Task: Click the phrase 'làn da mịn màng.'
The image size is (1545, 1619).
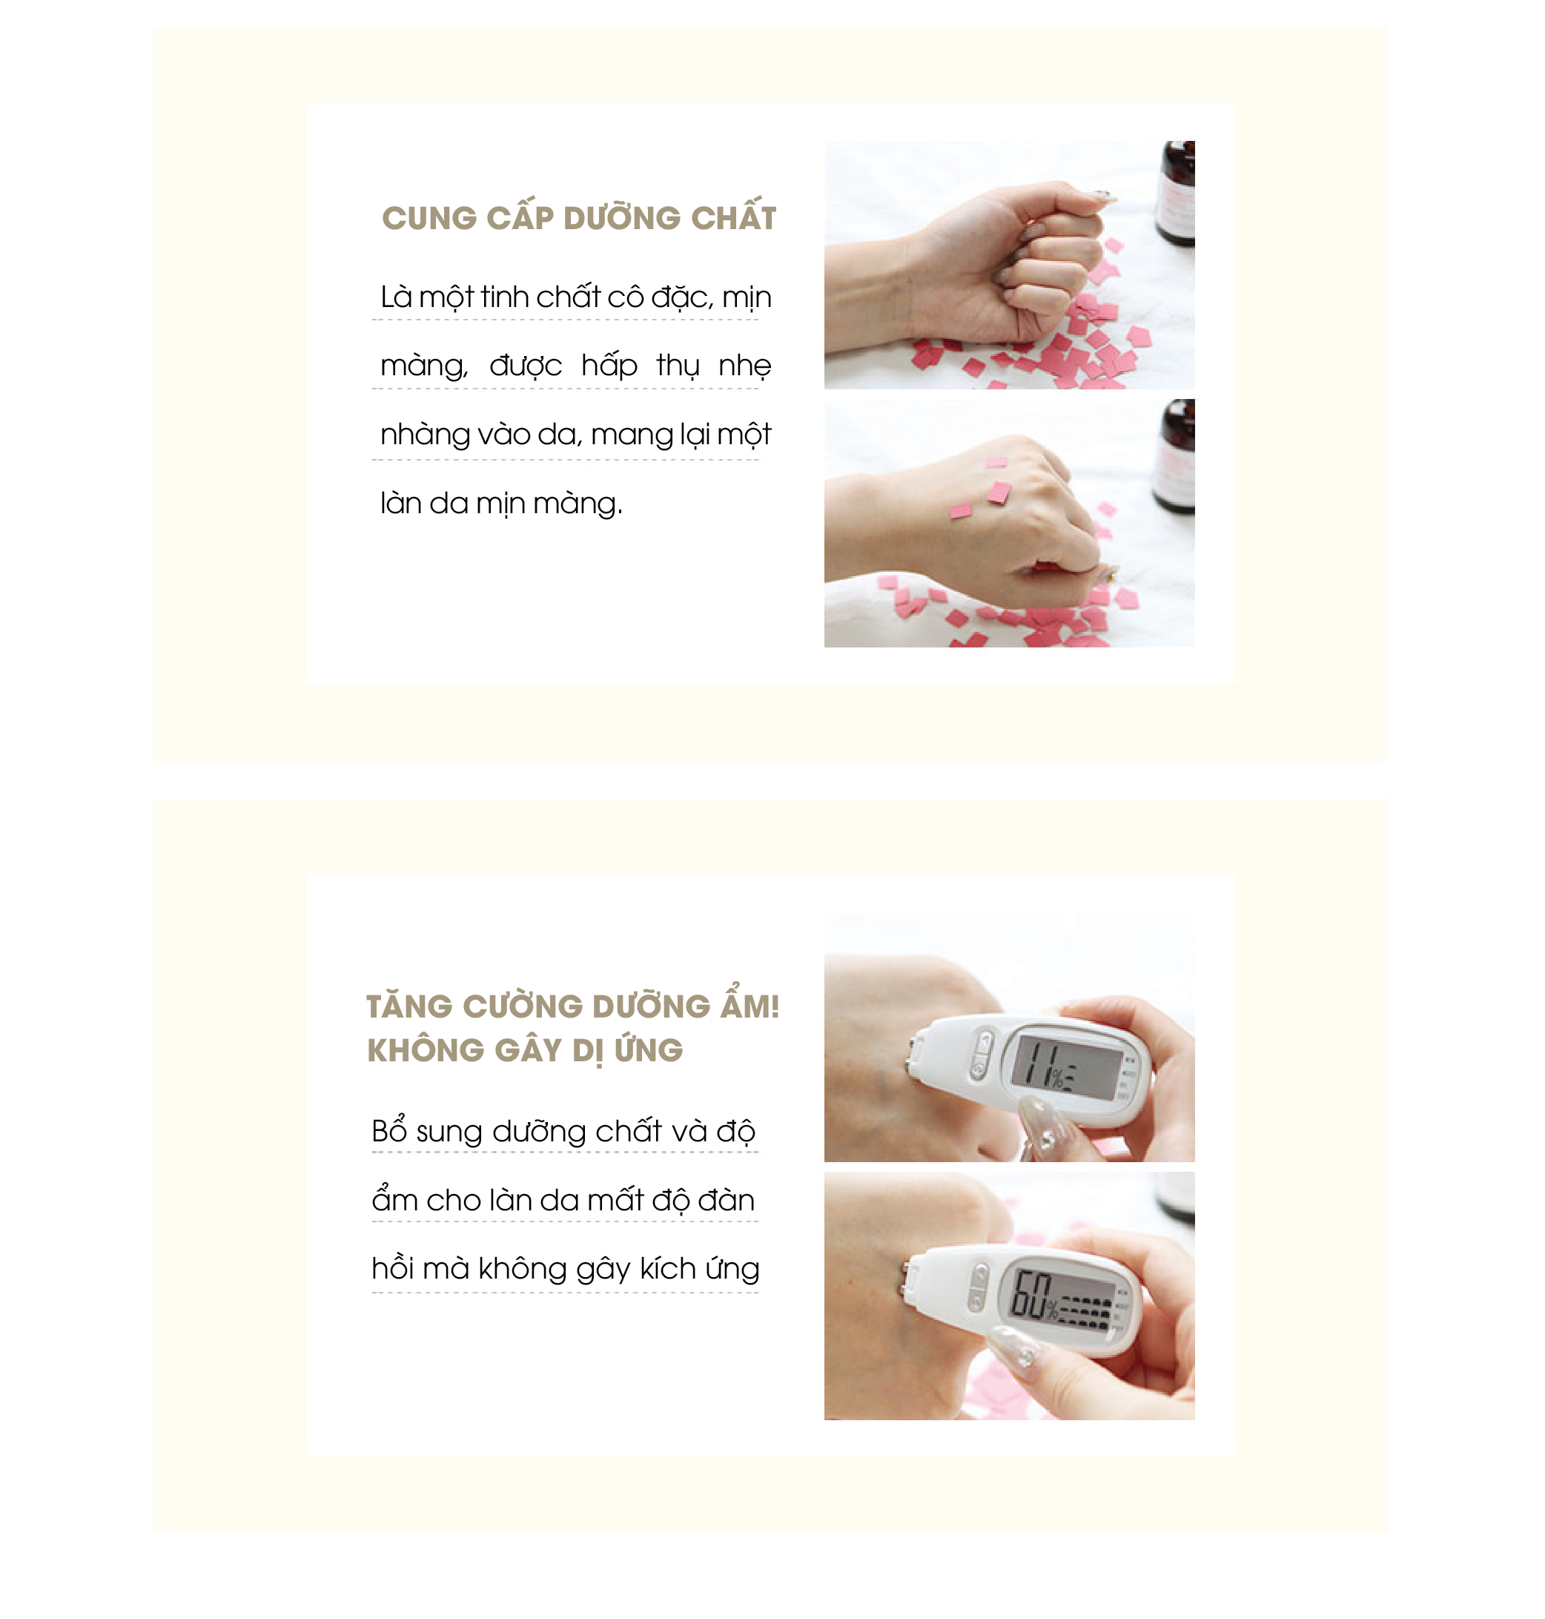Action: pos(502,504)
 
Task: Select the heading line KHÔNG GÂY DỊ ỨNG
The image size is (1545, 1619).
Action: pos(525,1050)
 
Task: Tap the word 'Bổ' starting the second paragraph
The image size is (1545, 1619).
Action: pos(389,1130)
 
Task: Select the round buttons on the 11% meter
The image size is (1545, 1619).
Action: pos(982,1054)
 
